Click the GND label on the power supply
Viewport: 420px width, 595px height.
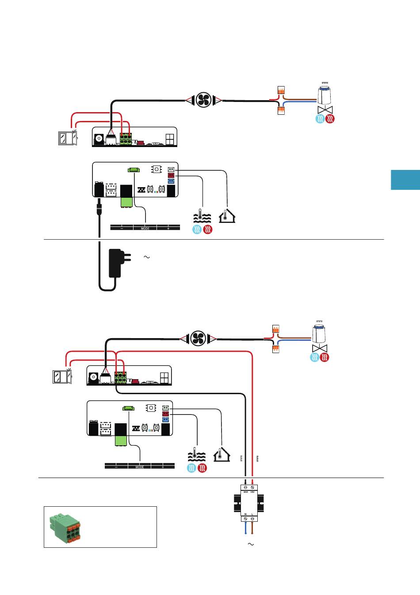[245, 491]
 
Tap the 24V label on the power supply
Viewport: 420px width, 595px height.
[252, 491]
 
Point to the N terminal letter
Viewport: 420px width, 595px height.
[245, 514]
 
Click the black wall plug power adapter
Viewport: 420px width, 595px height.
[116, 263]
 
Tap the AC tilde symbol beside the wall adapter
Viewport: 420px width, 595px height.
[147, 257]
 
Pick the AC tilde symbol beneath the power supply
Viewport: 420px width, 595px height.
[251, 544]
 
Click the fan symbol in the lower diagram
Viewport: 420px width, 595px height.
[198, 339]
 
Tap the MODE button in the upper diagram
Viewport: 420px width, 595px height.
[145, 228]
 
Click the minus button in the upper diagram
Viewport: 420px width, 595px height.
[122, 228]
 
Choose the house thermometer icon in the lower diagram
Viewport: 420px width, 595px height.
[221, 454]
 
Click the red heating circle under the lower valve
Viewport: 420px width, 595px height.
[325, 357]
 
